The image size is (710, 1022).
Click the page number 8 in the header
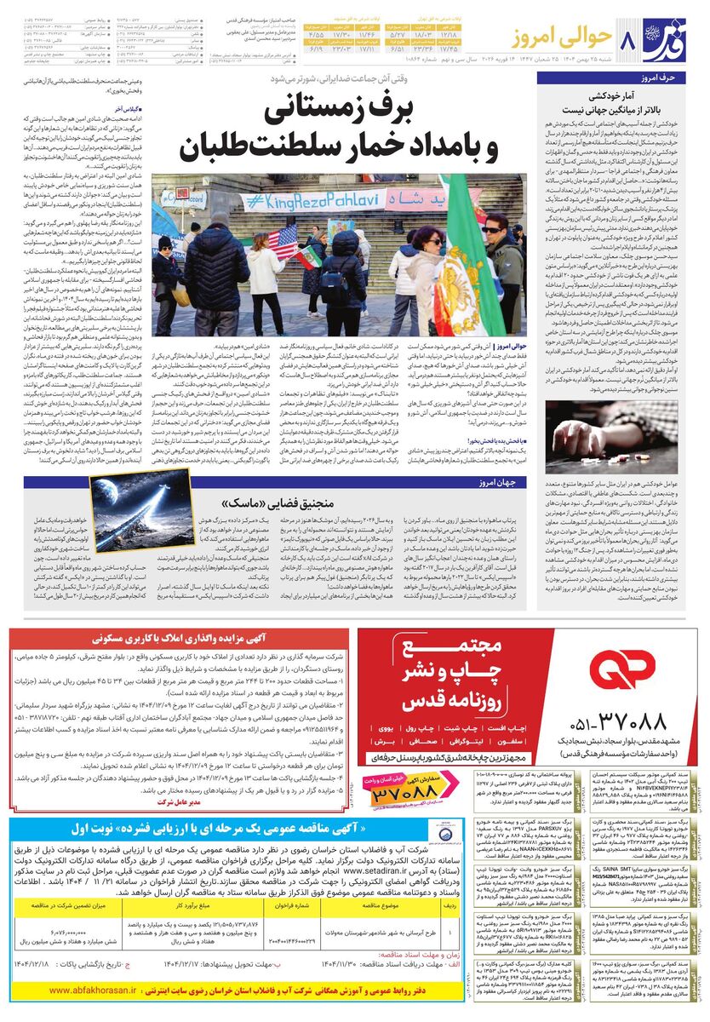point(630,39)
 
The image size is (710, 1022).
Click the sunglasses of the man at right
point(493,230)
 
